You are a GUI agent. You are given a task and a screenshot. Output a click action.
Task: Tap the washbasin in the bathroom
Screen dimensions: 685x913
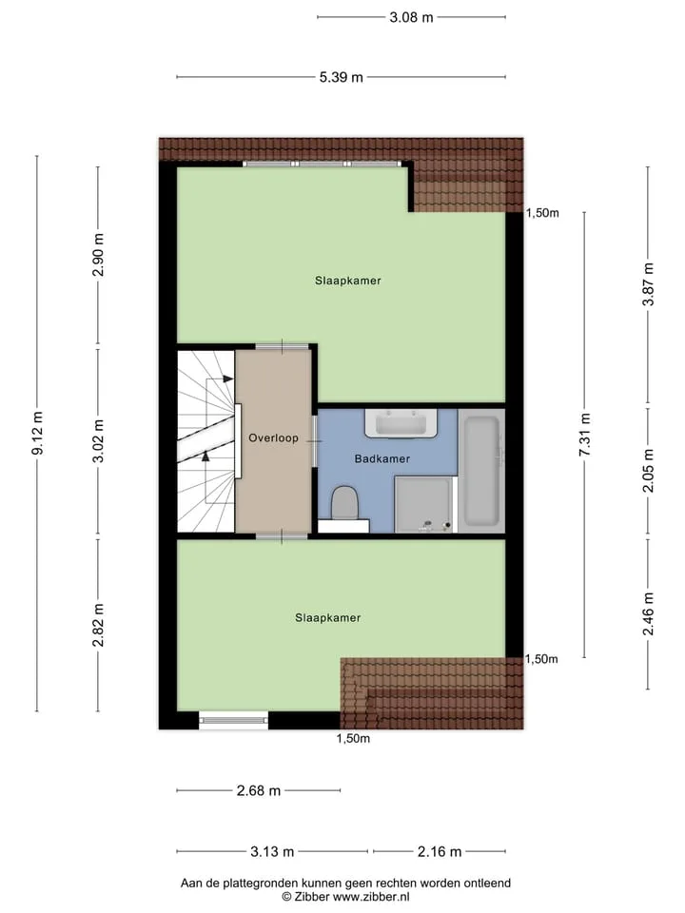pos(401,423)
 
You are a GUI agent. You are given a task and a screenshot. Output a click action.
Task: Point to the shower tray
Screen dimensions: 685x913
pos(424,504)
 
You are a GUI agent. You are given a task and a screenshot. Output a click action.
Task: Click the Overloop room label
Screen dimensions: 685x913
pos(273,437)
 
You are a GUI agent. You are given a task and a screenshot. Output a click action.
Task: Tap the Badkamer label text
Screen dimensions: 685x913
pos(382,458)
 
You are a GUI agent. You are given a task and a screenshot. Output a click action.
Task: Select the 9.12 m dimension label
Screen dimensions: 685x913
pos(37,433)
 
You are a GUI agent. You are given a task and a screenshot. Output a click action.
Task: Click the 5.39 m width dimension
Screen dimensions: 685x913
pos(341,77)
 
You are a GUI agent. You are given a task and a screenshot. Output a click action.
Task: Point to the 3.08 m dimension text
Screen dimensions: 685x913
pos(411,17)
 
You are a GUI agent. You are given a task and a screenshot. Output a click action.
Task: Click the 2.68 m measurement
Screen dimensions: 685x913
pos(259,790)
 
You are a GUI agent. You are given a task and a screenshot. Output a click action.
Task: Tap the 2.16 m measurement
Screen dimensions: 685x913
pos(440,852)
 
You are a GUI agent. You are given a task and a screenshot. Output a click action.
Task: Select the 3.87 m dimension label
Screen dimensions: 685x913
pos(648,284)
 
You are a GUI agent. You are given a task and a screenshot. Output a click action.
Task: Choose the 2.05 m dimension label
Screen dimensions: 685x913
pos(648,471)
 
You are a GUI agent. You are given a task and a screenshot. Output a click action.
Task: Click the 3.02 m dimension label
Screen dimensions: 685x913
pos(98,440)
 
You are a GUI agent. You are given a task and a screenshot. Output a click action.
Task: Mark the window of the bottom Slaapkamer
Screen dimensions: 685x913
pos(234,720)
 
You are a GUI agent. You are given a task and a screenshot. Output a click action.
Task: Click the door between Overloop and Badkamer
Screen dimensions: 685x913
pos(315,440)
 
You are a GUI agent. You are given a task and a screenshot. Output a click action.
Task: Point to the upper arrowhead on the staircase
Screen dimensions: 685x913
pos(228,379)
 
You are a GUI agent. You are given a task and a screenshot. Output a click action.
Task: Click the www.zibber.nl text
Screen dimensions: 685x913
pos(371,897)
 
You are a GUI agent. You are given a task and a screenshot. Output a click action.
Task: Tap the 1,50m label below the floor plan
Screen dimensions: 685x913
pos(353,738)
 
